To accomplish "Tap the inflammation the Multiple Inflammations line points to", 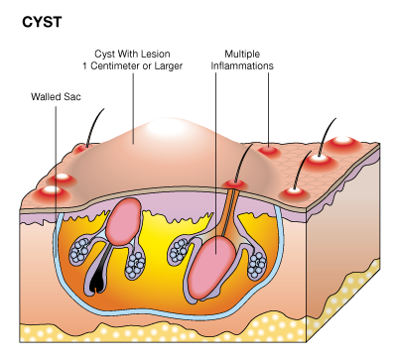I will coord(268,151).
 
